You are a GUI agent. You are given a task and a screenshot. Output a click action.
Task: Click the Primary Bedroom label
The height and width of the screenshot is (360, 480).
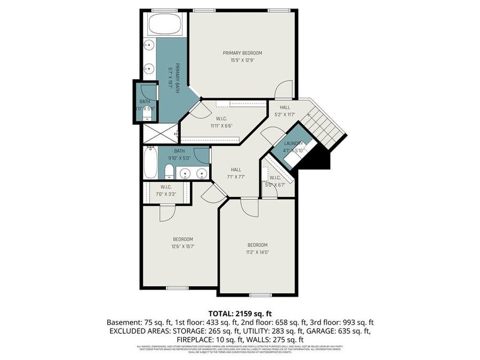[x=242, y=53]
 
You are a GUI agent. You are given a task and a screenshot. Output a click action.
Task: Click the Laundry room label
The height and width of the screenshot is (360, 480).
[x=293, y=143]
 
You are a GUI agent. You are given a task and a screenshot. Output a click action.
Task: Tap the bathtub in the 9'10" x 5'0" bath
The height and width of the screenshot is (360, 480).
[x=150, y=164]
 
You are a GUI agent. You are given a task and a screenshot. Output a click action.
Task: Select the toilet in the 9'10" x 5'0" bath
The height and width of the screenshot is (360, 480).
[x=169, y=172]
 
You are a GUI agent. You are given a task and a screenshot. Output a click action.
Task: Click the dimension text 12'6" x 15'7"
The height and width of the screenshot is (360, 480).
[x=182, y=246]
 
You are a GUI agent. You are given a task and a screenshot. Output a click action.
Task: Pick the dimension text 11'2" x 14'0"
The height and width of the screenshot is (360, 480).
[x=257, y=252]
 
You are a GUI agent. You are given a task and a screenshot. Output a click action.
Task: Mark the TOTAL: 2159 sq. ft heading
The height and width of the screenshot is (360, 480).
[x=239, y=314]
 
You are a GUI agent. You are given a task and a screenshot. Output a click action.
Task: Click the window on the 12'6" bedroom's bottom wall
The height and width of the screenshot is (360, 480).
[x=176, y=287]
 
